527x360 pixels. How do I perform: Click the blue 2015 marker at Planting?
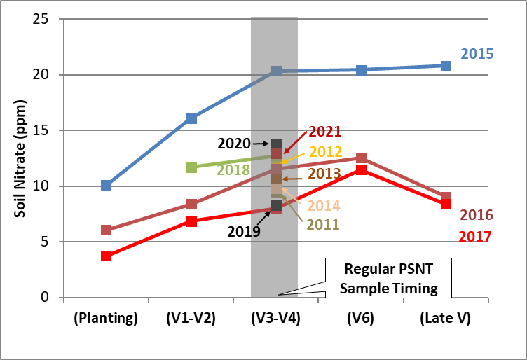pos(106,186)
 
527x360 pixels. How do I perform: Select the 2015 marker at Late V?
pos(446,66)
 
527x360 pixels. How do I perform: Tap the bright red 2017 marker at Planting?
pos(106,256)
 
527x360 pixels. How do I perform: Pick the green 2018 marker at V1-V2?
pos(191,167)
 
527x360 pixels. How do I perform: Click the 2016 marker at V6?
pos(361,158)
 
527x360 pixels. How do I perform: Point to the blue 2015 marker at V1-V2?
pos(191,118)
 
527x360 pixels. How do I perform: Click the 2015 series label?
pos(477,54)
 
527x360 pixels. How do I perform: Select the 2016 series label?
pos(477,215)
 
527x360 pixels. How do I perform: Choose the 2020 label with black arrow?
pos(234,144)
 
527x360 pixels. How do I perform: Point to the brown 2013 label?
pos(324,173)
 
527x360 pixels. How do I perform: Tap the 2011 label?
pos(323,225)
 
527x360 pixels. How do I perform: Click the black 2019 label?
pos(245,232)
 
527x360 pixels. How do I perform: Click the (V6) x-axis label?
pos(361,317)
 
